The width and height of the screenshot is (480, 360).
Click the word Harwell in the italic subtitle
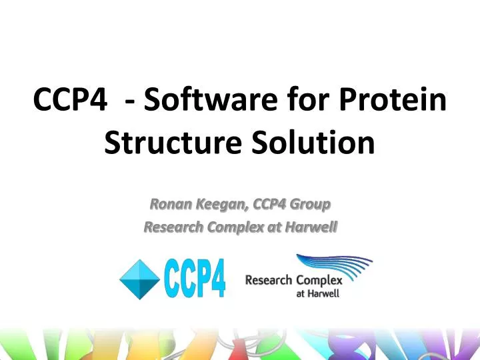tap(310, 228)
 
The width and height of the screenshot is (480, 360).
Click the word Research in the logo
tap(269, 281)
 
